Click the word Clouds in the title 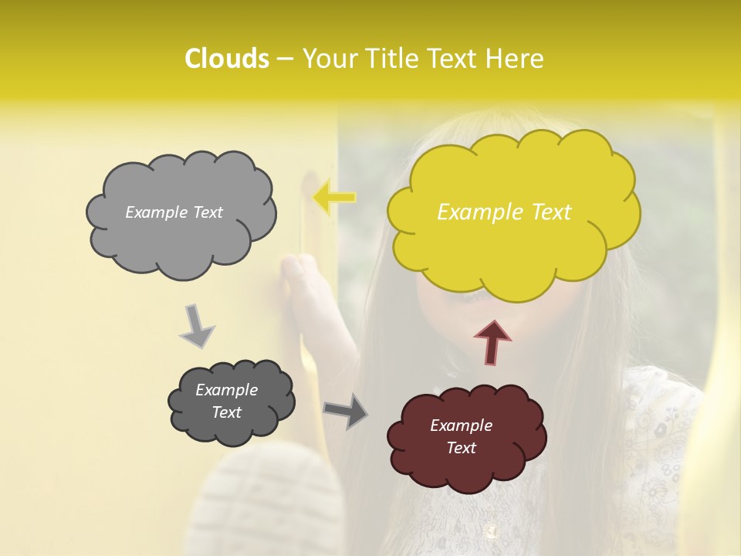coord(226,59)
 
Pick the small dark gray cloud coord(232,402)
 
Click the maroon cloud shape coord(467,437)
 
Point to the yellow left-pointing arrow coord(333,198)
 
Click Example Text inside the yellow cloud coord(504,212)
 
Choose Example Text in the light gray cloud coord(174,212)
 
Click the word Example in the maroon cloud coord(461,425)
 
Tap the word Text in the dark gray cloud coord(227,412)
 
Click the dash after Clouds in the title coord(284,59)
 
